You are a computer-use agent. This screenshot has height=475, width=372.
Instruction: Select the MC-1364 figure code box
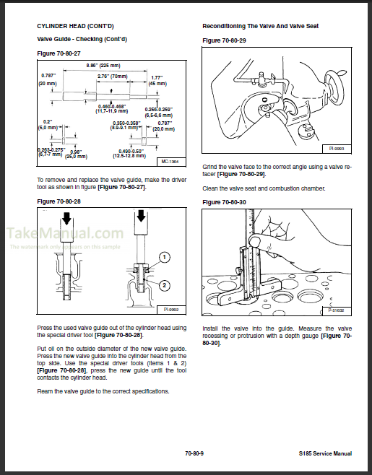(168, 162)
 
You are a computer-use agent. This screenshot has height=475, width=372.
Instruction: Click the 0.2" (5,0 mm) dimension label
(47, 124)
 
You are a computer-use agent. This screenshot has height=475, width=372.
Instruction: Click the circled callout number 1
(164, 257)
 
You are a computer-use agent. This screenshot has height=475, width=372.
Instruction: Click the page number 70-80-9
(196, 453)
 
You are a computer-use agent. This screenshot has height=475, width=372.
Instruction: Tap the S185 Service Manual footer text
(324, 453)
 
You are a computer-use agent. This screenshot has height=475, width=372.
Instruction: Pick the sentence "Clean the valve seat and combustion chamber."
(264, 188)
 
